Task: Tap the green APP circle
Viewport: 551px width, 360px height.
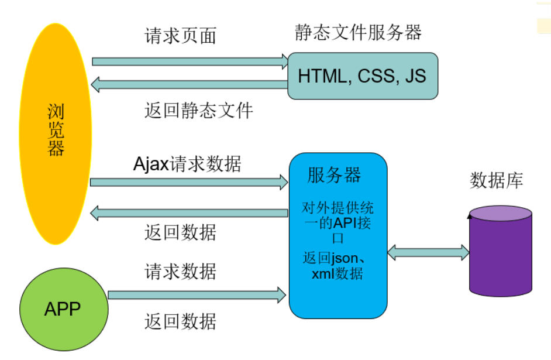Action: [63, 308]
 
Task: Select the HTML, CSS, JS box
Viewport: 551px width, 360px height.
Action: [363, 76]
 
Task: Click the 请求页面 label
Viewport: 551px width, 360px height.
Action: [181, 36]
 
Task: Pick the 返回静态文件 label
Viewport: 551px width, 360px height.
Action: [199, 110]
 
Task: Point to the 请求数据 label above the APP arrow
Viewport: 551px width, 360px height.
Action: [181, 272]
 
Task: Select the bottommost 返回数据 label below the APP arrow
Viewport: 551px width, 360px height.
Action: [181, 321]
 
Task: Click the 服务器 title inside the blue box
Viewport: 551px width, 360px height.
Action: [334, 175]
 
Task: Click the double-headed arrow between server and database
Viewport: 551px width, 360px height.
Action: [428, 253]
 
